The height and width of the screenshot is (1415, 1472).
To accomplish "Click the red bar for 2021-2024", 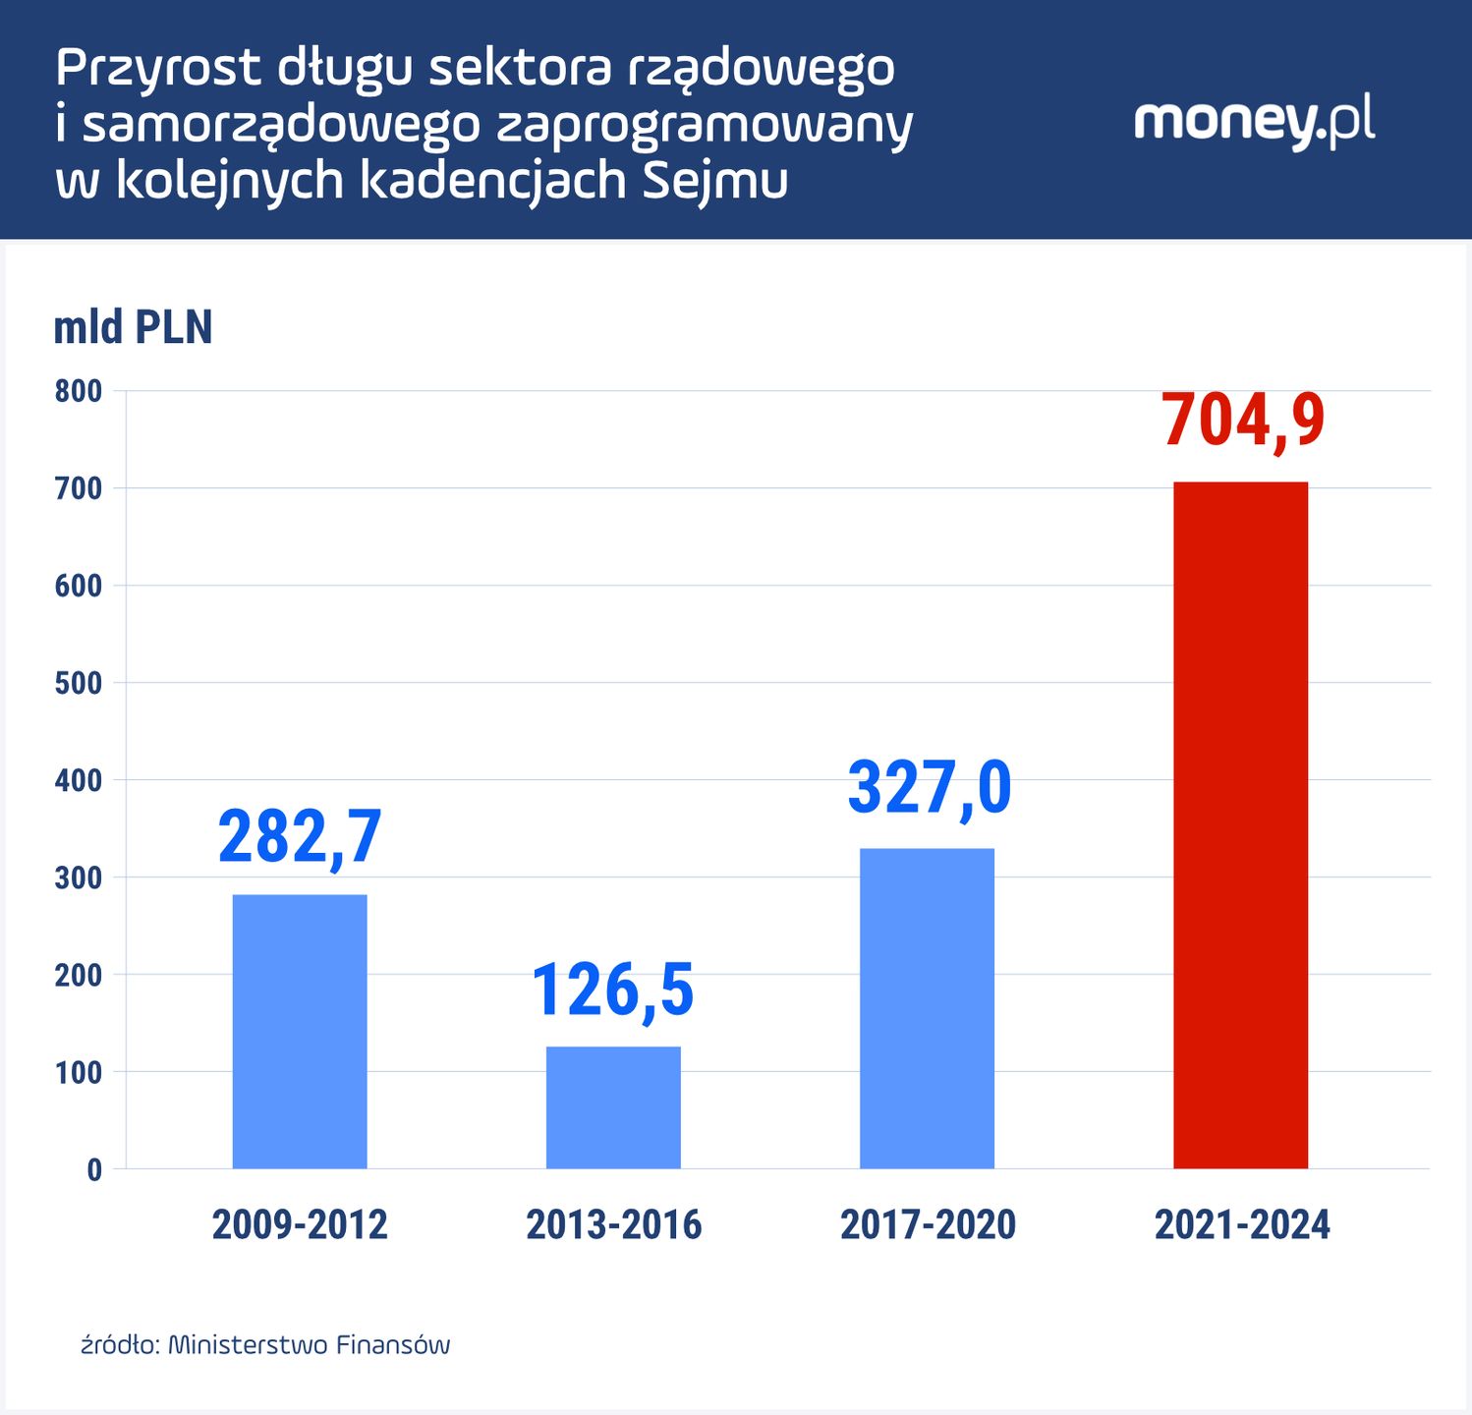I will pos(1240,825).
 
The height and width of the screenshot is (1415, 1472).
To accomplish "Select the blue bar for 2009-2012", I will pos(300,1032).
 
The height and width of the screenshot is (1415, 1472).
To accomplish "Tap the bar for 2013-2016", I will pos(613,1107).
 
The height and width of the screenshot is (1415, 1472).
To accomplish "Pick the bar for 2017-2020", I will pos(927,1008).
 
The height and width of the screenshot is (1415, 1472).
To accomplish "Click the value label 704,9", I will pos(1243,421).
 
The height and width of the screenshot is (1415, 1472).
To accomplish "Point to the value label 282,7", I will pos(300,837).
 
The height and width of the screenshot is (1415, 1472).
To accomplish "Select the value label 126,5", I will pos(613,990).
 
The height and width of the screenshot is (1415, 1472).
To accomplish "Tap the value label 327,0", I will pos(929,787).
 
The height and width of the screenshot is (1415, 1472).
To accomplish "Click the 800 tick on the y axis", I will pos(79,391).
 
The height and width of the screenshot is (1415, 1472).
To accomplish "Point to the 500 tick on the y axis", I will pos(79,683).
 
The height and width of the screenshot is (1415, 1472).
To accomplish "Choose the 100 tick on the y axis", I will pos(79,1072).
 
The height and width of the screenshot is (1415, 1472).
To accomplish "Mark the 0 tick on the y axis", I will pos(94,1169).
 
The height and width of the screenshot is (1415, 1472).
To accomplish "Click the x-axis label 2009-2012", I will pos(300,1225).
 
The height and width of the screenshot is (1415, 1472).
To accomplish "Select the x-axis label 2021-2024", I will pos(1242,1225).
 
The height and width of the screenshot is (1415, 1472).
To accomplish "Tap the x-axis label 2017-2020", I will pos(928,1225).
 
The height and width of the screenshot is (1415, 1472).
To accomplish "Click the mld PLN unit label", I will pos(133,327).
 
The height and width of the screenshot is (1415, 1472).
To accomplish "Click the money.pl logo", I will pos(1254,121).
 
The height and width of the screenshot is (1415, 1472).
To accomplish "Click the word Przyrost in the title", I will pos(158,69).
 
